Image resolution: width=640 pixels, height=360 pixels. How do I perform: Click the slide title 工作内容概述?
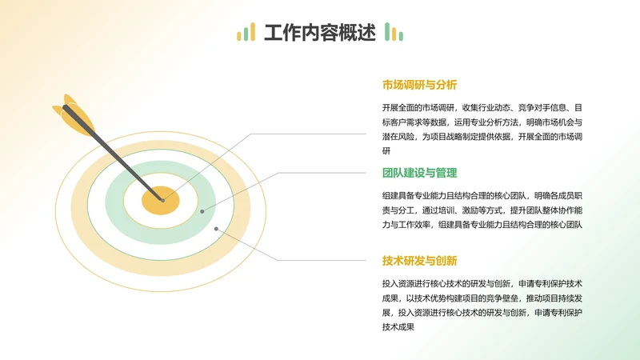pyautogui.click(x=319, y=33)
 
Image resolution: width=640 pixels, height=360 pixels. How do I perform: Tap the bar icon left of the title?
pyautogui.click(x=246, y=33)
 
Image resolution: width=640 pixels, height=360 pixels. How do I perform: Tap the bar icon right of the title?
pyautogui.click(x=394, y=33)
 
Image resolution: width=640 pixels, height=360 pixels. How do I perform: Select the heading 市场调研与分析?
pyautogui.click(x=419, y=85)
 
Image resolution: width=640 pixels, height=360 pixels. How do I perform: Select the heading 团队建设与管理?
pyautogui.click(x=419, y=173)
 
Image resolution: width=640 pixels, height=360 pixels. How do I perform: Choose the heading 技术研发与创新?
pyautogui.click(x=419, y=261)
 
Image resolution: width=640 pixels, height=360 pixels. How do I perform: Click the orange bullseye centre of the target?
pyautogui.click(x=160, y=200)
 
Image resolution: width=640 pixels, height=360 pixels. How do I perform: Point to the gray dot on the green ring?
pyautogui.click(x=202, y=211)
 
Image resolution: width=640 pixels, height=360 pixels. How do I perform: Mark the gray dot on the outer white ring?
pyautogui.click(x=218, y=228)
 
